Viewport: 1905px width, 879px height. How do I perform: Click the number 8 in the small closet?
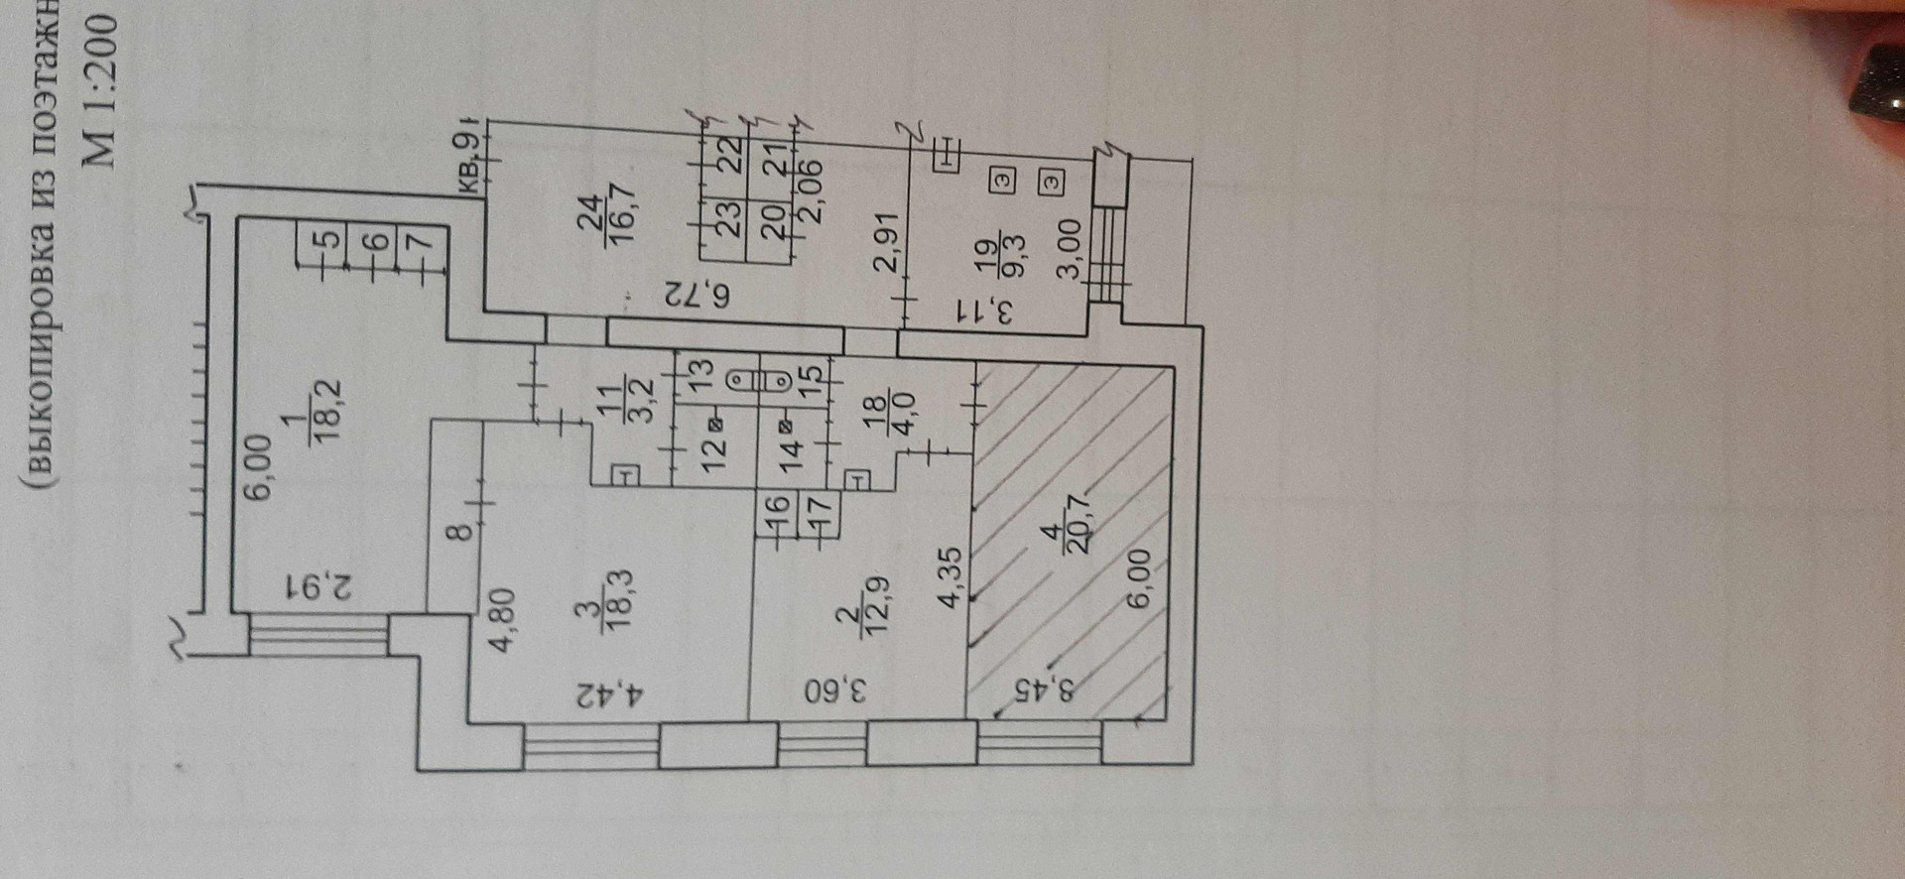click(x=456, y=534)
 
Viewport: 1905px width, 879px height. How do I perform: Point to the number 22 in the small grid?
click(x=729, y=155)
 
